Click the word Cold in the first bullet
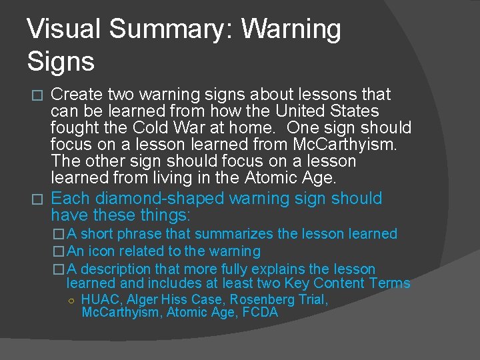click(x=149, y=128)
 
